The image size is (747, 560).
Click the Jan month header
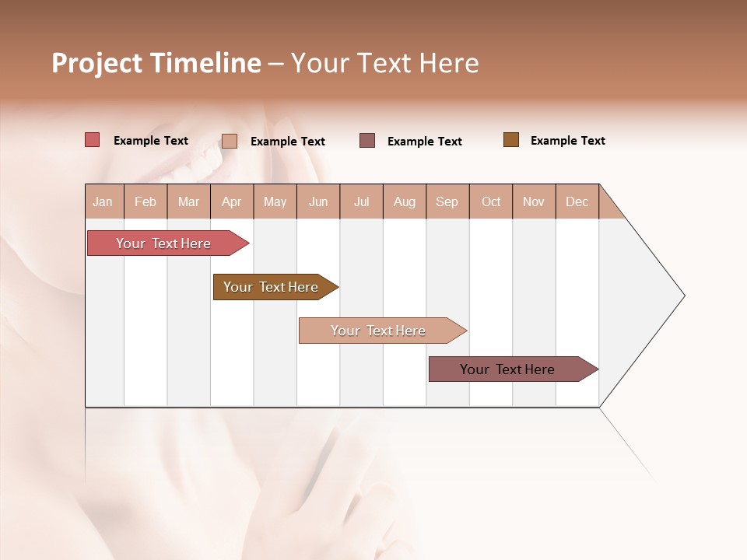(103, 201)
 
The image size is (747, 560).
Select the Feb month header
(146, 201)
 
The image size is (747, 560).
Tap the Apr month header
(232, 201)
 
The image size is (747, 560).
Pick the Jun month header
(318, 201)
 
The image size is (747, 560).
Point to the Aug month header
(405, 201)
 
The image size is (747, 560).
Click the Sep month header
(447, 201)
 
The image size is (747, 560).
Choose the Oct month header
(491, 201)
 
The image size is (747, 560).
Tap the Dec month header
(577, 201)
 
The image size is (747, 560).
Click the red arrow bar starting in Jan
(164, 243)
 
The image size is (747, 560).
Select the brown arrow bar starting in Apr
(272, 287)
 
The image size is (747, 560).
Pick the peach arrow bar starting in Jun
(379, 331)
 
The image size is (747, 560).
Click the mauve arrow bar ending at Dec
(508, 369)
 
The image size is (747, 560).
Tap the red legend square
(92, 140)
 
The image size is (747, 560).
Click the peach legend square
(229, 141)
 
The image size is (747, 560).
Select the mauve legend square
(367, 140)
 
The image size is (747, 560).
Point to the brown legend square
(510, 140)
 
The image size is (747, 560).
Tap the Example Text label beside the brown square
(567, 141)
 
